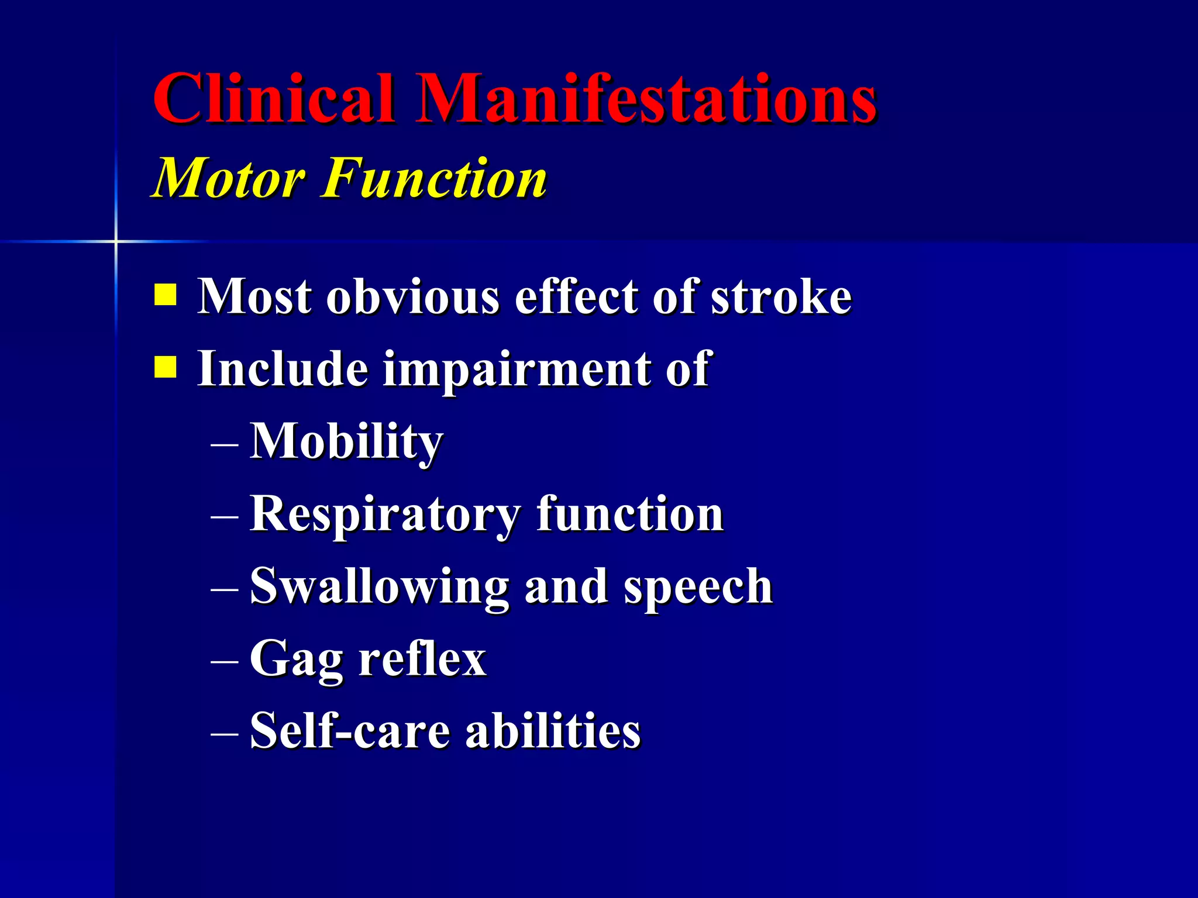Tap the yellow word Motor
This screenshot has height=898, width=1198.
tap(229, 178)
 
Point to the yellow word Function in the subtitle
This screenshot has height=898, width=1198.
tap(434, 178)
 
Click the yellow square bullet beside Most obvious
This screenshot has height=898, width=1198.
tap(165, 295)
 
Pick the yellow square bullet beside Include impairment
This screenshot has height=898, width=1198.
tap(165, 368)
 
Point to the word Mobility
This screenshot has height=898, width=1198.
tap(346, 442)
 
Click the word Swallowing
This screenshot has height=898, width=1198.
tap(379, 588)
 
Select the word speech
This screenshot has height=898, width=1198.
tap(698, 588)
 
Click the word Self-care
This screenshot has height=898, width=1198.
tap(350, 731)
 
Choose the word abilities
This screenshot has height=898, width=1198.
tap(553, 731)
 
